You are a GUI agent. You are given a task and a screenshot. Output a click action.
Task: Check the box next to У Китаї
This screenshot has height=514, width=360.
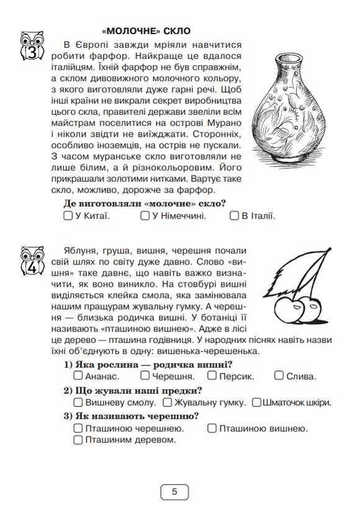point(68,216)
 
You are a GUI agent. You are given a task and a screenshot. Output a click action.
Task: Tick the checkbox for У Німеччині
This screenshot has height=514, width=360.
point(145,216)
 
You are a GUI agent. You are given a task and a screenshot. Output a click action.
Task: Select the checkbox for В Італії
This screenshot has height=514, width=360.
point(234,216)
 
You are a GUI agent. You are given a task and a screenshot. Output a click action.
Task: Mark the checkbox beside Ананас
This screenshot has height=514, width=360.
point(78,376)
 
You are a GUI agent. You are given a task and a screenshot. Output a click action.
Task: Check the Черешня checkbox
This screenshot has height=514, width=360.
point(145,376)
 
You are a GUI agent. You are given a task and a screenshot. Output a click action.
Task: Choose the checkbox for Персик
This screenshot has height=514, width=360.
point(212,376)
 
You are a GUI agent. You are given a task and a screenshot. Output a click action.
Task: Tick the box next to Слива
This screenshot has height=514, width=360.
point(279,376)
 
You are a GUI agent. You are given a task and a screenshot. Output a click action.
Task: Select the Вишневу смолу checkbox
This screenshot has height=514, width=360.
point(78,402)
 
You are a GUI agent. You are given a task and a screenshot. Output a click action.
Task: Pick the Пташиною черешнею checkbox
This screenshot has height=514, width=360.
point(78,428)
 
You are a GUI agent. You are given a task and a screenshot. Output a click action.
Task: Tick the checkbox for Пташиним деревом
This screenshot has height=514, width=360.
point(78,440)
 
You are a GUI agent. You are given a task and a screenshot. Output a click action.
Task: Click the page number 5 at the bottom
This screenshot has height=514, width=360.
point(174,492)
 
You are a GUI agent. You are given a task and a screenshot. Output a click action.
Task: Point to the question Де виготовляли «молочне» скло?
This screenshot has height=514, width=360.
point(145,204)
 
